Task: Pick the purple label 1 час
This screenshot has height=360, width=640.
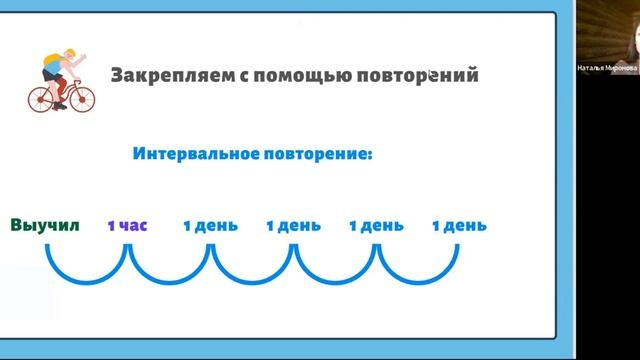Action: coord(127,225)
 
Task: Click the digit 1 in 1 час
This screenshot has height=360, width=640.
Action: coord(111,225)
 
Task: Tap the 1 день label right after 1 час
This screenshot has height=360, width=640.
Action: coord(210,225)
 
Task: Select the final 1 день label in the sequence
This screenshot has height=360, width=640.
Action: coord(459,225)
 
